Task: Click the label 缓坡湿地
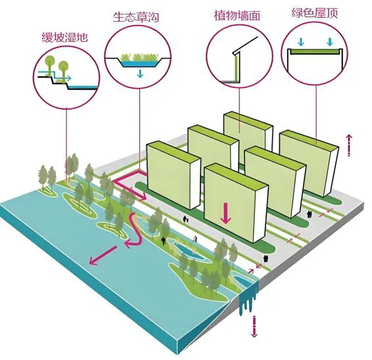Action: click(x=65, y=37)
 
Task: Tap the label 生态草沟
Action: click(x=135, y=17)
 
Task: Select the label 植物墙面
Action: click(x=237, y=15)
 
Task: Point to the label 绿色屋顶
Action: click(x=315, y=12)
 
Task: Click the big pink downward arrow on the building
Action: click(x=225, y=213)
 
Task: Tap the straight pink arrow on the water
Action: click(x=103, y=255)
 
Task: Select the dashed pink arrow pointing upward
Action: click(x=349, y=145)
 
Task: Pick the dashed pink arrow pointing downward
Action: click(x=254, y=326)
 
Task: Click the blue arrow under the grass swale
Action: click(x=140, y=74)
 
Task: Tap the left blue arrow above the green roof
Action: click(x=301, y=42)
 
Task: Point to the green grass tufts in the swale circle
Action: click(x=139, y=57)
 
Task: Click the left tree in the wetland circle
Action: click(x=49, y=64)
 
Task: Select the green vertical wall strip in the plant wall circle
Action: click(x=236, y=67)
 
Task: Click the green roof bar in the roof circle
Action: click(x=315, y=51)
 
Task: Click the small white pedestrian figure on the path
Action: click(x=195, y=238)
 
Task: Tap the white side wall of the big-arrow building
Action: click(x=260, y=214)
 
